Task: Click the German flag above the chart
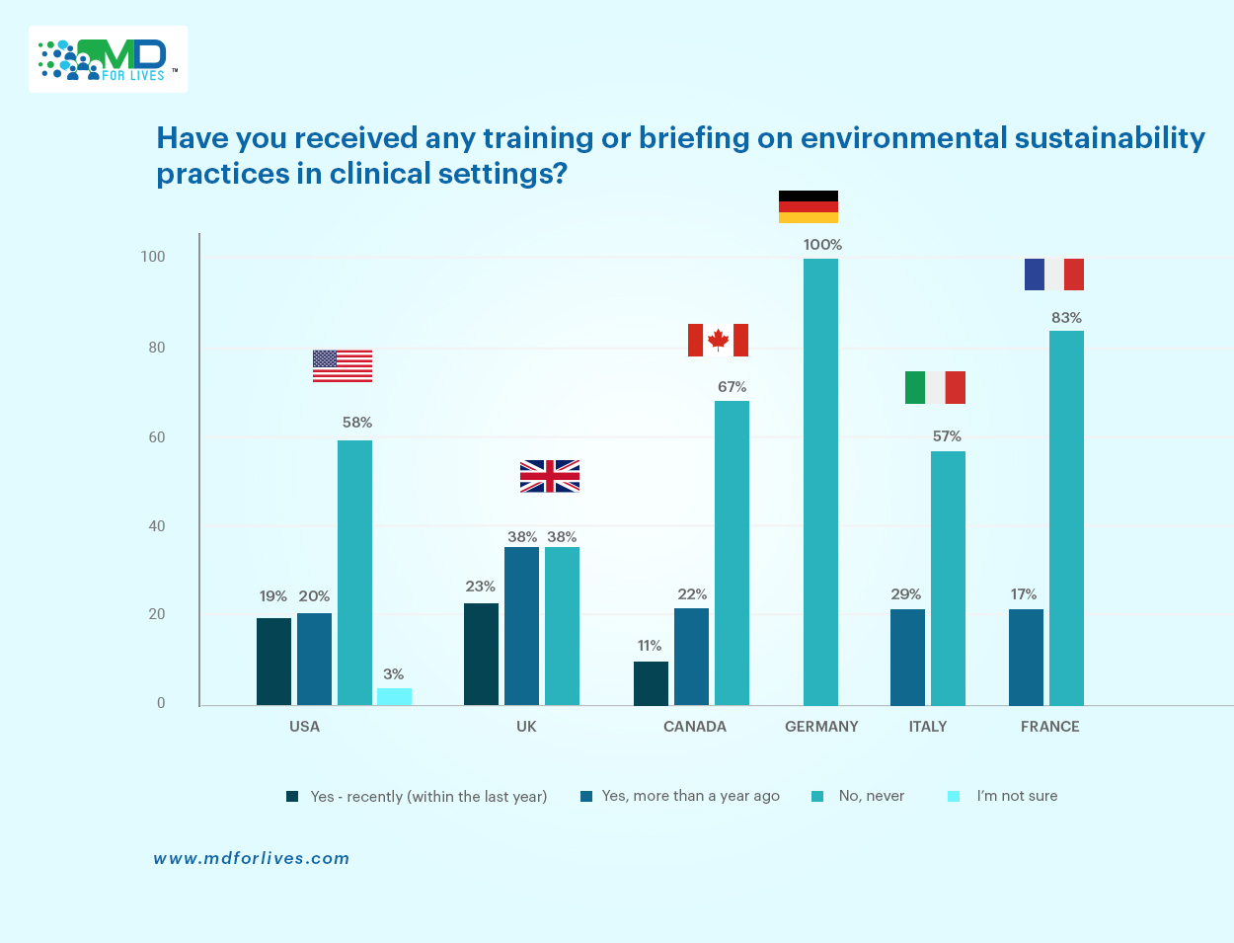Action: click(808, 206)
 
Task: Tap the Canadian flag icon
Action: click(718, 340)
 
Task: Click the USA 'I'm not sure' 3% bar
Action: click(394, 696)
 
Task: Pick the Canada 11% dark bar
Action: click(651, 683)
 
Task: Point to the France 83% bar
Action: click(1066, 517)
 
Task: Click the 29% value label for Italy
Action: click(905, 594)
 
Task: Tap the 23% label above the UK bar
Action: click(481, 587)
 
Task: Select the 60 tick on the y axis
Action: click(156, 437)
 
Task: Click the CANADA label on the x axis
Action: click(695, 727)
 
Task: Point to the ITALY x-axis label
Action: click(928, 727)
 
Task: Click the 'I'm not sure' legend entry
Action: click(1016, 796)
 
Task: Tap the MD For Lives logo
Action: click(108, 59)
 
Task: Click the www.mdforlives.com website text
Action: click(252, 858)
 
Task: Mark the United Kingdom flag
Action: click(550, 476)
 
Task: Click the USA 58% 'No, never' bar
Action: click(354, 573)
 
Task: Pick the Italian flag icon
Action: click(935, 387)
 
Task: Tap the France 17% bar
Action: click(1026, 657)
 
